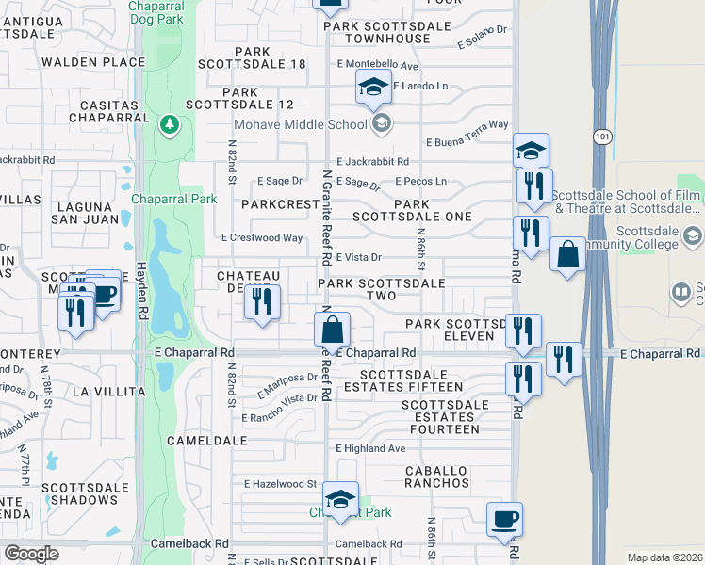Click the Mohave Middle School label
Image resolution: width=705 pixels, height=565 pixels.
click(x=301, y=122)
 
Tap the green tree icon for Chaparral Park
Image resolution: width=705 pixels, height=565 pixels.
click(x=170, y=124)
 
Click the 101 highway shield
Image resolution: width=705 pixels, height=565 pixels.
click(x=600, y=137)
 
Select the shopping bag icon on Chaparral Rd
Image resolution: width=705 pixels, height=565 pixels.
click(x=332, y=331)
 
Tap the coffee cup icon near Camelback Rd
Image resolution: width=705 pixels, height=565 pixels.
click(x=504, y=519)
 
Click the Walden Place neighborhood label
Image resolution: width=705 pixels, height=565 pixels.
click(x=92, y=62)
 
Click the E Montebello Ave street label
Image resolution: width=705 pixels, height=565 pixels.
click(x=377, y=65)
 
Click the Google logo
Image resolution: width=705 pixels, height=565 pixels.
click(x=31, y=554)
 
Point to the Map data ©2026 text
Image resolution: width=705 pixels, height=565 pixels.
click(x=664, y=557)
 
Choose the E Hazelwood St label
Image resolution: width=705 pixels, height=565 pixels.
click(x=281, y=483)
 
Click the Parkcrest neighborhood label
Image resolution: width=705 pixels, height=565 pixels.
click(x=280, y=203)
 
